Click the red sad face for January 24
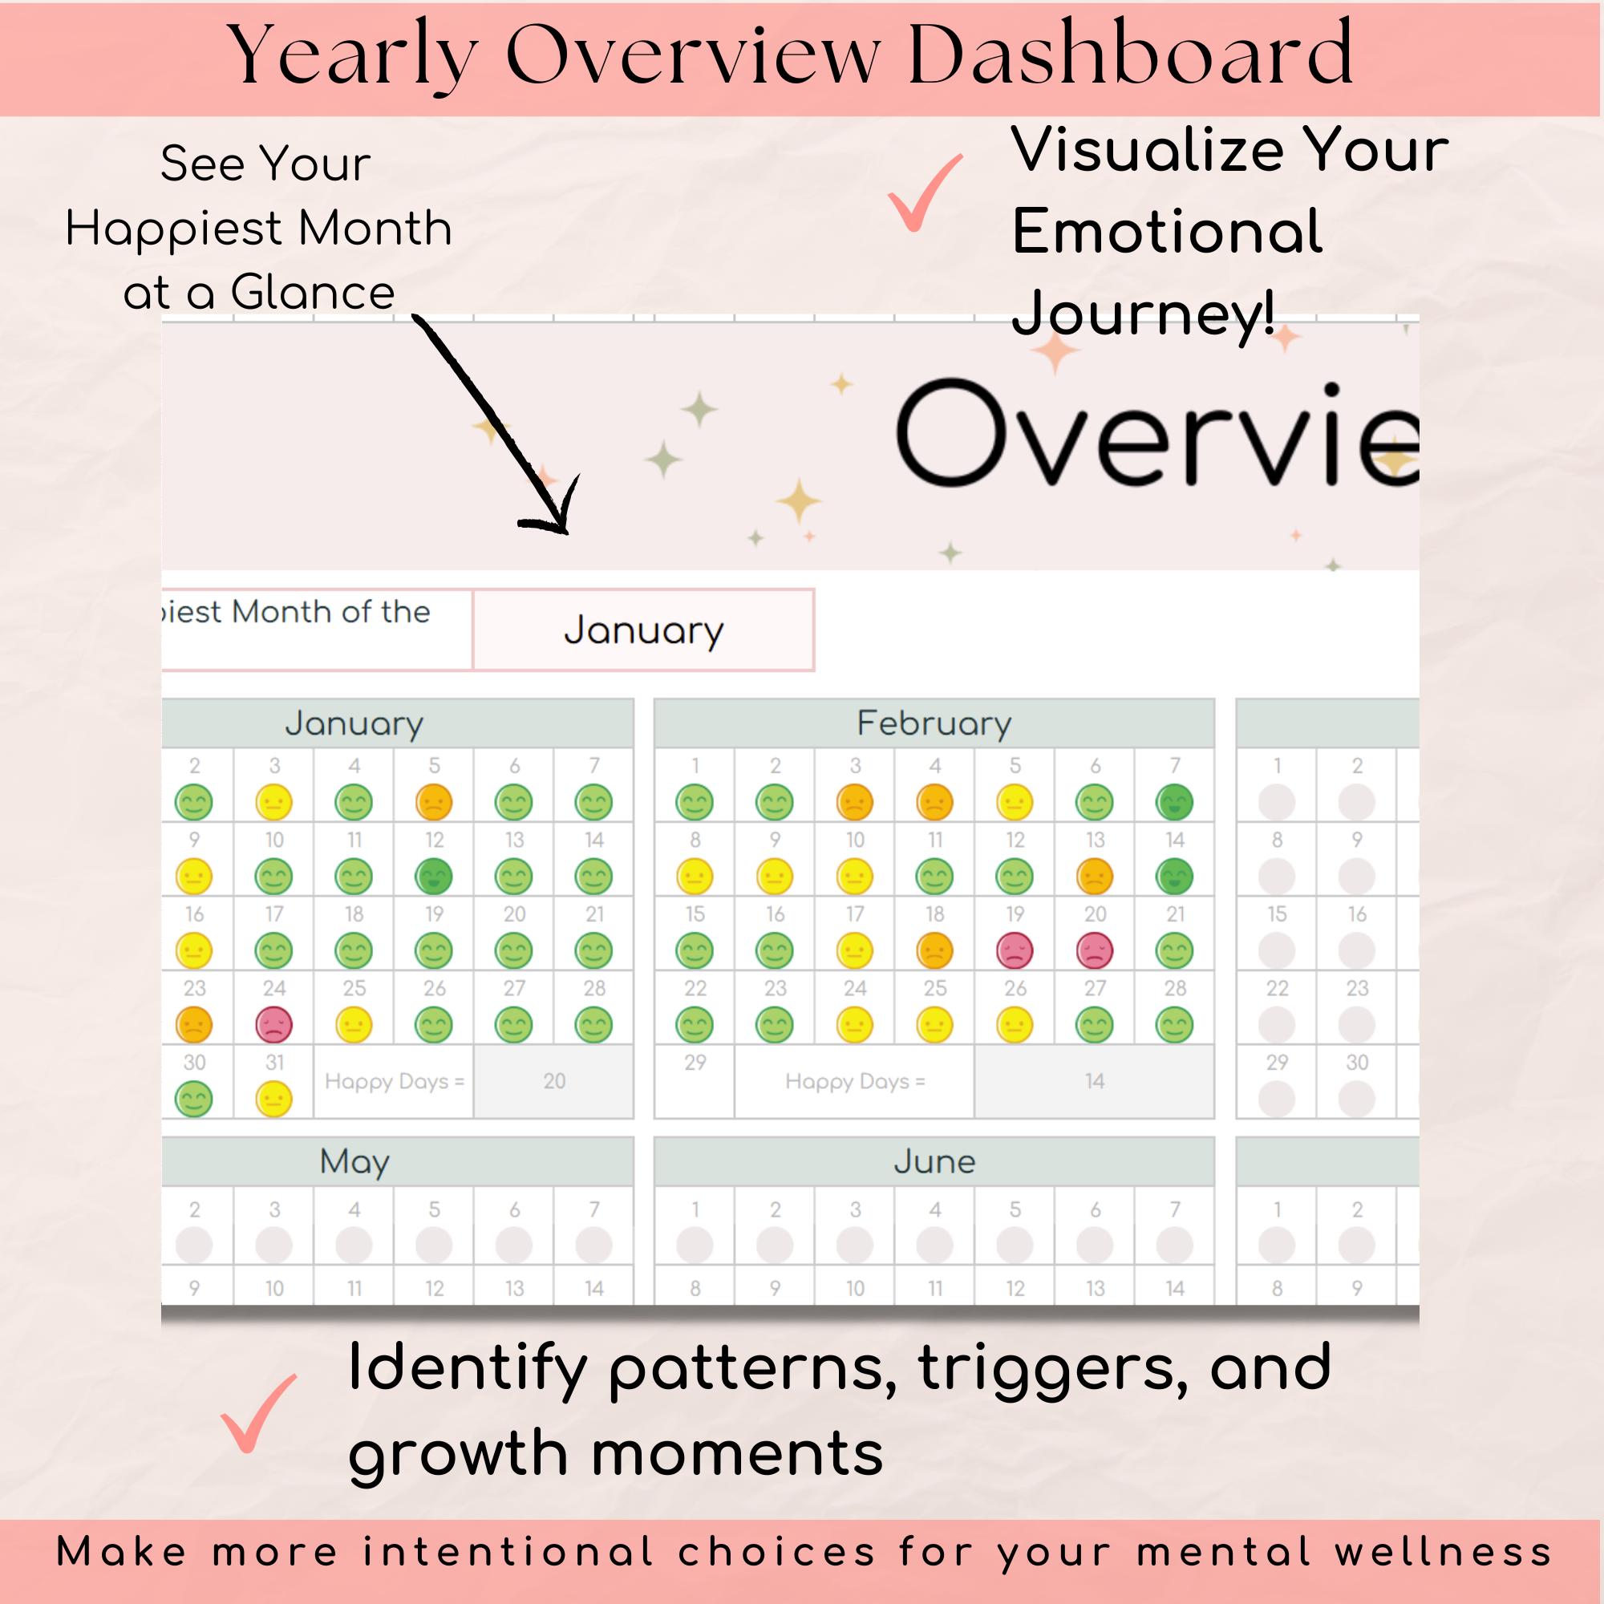(274, 1025)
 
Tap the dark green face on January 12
(434, 877)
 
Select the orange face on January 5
(434, 802)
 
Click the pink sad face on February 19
(1015, 950)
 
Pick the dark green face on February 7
(1175, 802)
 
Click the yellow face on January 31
(274, 1100)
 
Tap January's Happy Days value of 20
(553, 1081)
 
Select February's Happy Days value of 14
(1094, 1081)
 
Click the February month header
(934, 723)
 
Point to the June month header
(934, 1161)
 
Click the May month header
(354, 1161)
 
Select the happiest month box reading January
(643, 630)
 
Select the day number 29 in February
(695, 1063)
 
